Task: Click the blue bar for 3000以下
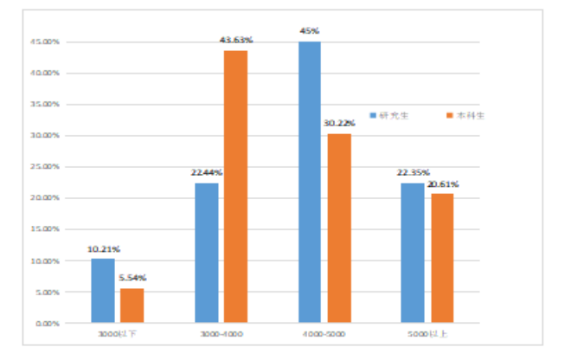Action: (x=102, y=291)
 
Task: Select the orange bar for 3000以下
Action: (x=132, y=305)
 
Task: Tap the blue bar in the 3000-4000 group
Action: (x=206, y=253)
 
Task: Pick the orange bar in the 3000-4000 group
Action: (x=235, y=187)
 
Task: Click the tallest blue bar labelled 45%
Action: (x=310, y=182)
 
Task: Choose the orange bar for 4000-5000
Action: (x=339, y=228)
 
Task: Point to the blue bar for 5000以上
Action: (x=413, y=253)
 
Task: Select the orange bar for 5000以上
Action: (x=441, y=258)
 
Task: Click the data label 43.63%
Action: (x=235, y=37)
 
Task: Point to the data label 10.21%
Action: (x=103, y=250)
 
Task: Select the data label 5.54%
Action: (x=132, y=278)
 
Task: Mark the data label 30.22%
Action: (x=340, y=123)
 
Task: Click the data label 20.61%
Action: (x=442, y=184)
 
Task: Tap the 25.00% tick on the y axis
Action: (x=46, y=167)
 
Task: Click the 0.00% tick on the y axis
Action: (x=48, y=323)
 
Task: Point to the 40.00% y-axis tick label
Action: (x=46, y=73)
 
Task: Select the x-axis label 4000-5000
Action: (x=324, y=334)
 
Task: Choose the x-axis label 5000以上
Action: (x=427, y=334)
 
